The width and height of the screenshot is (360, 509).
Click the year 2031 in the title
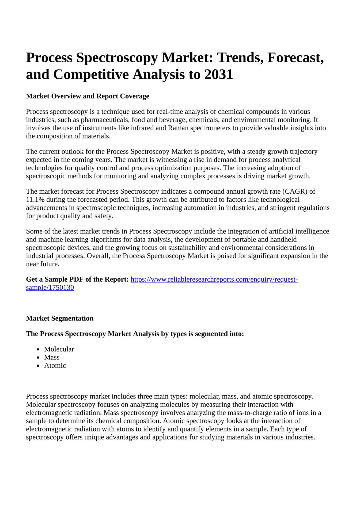[x=218, y=74]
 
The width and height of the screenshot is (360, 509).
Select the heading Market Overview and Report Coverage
[x=88, y=96]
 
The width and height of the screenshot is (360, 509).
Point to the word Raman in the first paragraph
[x=178, y=128]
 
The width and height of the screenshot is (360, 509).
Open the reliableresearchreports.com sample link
[x=214, y=280]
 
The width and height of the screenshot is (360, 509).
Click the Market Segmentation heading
[x=60, y=318]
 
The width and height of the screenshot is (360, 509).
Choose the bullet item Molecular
[x=59, y=349]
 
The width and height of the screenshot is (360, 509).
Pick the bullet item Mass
[x=52, y=357]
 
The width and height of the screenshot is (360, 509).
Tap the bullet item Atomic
[x=55, y=365]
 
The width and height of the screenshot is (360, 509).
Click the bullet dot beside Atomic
[x=39, y=366]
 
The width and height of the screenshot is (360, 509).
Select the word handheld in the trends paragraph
[x=283, y=239]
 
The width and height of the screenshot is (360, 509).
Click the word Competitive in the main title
[x=91, y=74]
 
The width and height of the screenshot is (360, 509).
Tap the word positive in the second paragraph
[x=213, y=152]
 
